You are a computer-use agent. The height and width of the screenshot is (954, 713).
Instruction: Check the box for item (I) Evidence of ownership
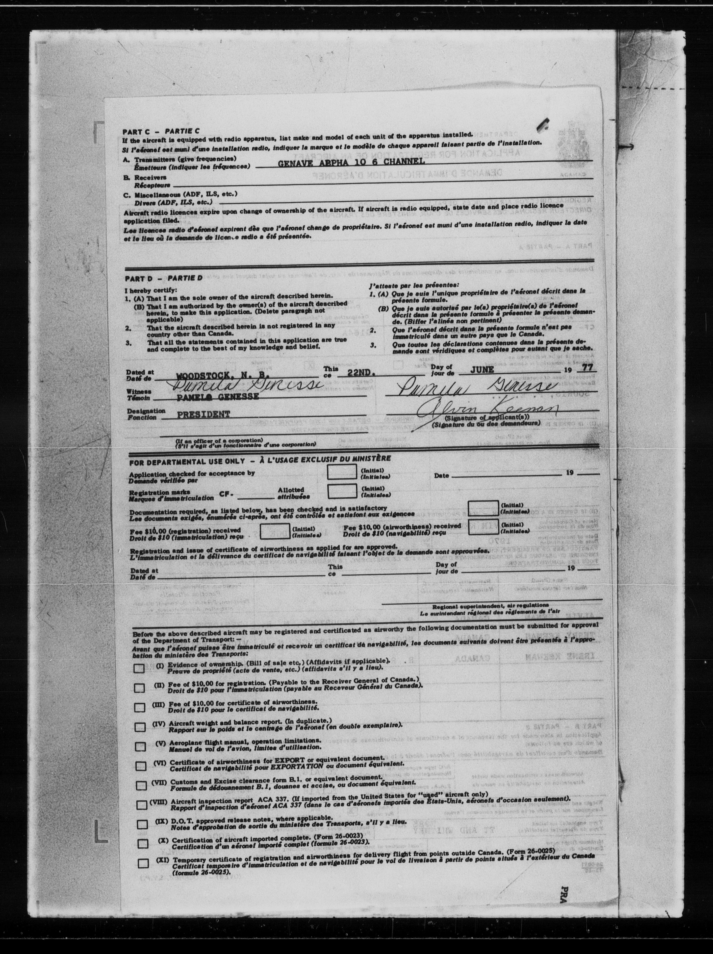tap(139, 669)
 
